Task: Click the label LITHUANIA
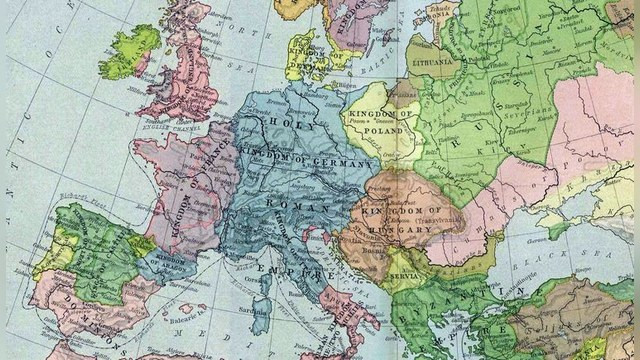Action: (x=433, y=59)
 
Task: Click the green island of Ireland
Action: (x=129, y=52)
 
